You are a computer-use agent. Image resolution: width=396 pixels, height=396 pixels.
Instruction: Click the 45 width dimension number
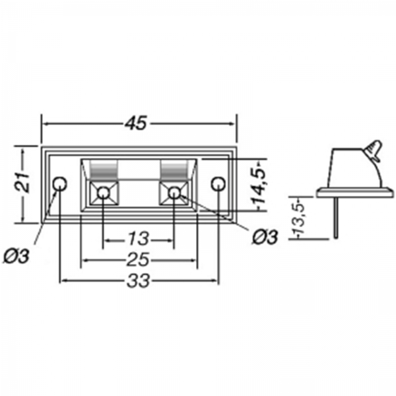(x=135, y=123)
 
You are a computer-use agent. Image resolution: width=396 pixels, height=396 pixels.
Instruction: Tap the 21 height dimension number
(x=22, y=182)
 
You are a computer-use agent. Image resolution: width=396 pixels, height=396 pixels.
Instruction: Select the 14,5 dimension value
(x=258, y=186)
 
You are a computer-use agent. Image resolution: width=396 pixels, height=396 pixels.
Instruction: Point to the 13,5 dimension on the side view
(x=298, y=218)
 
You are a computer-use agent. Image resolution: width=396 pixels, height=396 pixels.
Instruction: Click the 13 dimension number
(x=139, y=239)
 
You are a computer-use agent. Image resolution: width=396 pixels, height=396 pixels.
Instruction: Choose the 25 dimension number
(x=138, y=259)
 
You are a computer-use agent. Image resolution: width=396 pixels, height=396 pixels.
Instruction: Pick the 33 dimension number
(x=139, y=280)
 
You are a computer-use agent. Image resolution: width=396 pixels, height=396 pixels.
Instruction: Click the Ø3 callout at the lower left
(x=16, y=257)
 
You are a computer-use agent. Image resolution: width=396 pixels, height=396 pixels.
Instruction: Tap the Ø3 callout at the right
(x=265, y=237)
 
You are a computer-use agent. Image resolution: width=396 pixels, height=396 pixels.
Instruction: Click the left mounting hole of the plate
(x=60, y=183)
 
